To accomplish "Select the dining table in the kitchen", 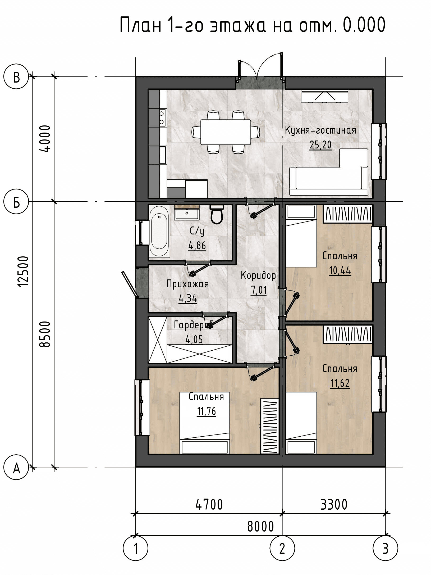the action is pos(226,132).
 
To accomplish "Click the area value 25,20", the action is pos(320,145).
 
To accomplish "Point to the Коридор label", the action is pos(258,275).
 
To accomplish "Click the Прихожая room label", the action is pos(188,284).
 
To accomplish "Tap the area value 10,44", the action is pos(340,270).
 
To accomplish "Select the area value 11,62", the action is pos(340,383).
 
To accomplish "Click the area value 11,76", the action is pos(206,411).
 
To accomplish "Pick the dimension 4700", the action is pos(209,504).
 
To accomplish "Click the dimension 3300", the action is pos(334,504).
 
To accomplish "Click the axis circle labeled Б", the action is pos(16,202).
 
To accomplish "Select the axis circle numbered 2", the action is pos(282,548).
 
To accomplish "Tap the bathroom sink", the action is pos(187,213).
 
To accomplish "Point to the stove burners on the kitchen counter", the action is pos(162,118).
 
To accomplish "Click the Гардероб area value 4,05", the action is pos(194,339).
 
